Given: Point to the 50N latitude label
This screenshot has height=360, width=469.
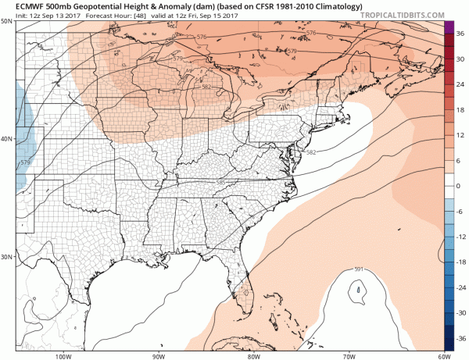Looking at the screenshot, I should [x=7, y=20].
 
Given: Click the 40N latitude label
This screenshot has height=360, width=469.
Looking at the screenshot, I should [x=7, y=139].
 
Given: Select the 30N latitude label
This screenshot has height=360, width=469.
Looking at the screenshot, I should [x=7, y=257].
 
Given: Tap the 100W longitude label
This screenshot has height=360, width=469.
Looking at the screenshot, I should [x=63, y=355].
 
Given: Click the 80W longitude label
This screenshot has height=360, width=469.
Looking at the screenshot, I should [x=252, y=355].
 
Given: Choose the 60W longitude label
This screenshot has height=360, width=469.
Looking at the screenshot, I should [x=441, y=355].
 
